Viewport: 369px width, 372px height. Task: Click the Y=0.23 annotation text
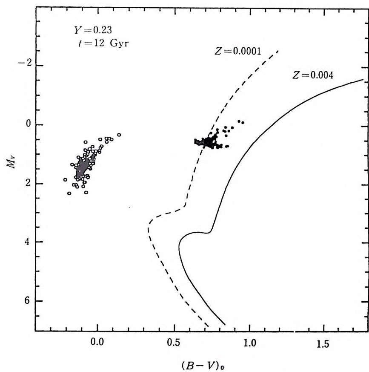tap(86, 31)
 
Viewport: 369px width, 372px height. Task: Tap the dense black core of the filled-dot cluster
tap(209, 142)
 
